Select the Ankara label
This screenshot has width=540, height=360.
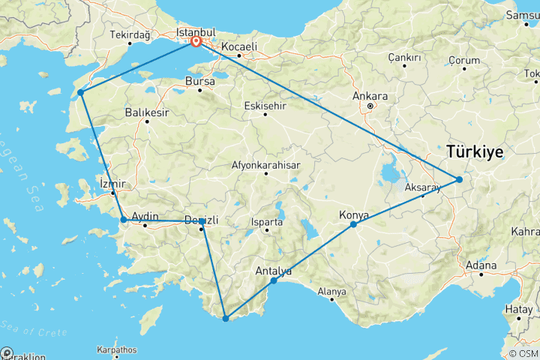point(372,96)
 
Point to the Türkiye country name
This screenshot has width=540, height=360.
point(475,151)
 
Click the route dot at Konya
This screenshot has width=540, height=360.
point(353,224)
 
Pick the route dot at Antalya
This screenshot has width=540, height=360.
point(274,280)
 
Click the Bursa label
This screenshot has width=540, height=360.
point(201,80)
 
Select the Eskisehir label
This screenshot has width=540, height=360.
point(265,106)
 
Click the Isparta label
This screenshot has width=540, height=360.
point(268,222)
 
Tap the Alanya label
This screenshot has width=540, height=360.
point(331,291)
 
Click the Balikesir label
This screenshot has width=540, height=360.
point(147,112)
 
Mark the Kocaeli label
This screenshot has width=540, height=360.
point(239,46)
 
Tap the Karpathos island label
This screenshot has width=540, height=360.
point(116,349)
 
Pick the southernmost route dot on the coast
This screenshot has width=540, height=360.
point(225,319)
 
